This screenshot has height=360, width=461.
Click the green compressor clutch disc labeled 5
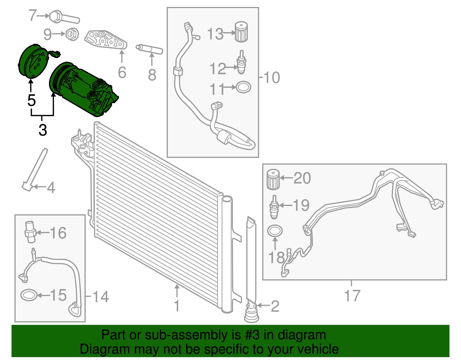[x=32, y=61]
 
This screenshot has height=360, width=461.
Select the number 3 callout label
[x=43, y=130]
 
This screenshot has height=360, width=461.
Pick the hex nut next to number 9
[x=71, y=34]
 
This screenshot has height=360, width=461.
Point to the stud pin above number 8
[x=149, y=49]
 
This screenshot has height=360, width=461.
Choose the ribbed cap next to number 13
[x=241, y=32]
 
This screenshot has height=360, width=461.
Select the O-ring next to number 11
[x=243, y=87]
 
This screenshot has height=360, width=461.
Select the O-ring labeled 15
[x=29, y=295]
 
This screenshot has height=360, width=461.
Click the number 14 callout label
[x=100, y=297]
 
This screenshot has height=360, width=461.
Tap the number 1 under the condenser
[x=177, y=306]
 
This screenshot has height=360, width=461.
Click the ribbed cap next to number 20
[x=273, y=180]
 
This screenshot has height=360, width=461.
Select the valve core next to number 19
[x=274, y=207]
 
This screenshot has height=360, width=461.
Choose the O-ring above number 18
[x=275, y=231]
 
